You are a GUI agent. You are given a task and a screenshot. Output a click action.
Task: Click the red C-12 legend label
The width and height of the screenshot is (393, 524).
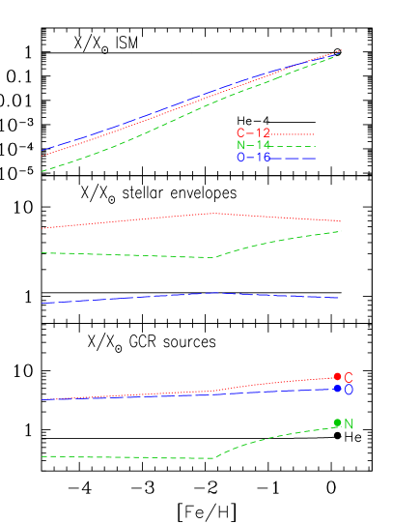[253, 133]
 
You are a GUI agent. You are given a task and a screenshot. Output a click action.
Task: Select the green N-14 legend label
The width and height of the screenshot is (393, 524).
[253, 145]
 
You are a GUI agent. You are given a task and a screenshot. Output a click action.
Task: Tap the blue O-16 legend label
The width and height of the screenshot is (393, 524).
[253, 158]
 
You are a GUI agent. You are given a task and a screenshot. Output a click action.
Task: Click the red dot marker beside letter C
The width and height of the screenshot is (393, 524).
[337, 377]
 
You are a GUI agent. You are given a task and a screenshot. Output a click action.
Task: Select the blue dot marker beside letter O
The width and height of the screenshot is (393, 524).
[337, 389]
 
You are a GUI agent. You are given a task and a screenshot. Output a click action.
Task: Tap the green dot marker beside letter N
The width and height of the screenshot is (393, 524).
[337, 422]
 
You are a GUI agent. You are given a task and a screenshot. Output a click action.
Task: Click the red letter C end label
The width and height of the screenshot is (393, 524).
[349, 378]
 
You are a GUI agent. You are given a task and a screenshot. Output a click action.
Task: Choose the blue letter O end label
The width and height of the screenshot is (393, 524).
[349, 391]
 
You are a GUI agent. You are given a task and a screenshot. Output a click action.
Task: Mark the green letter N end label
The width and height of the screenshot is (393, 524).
[349, 424]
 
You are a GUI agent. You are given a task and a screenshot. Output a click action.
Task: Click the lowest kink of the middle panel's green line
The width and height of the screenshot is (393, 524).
[214, 258]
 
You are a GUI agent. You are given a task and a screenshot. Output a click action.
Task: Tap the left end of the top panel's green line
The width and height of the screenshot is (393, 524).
[42, 171]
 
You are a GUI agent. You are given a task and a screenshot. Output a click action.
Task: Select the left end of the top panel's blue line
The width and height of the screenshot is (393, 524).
[42, 151]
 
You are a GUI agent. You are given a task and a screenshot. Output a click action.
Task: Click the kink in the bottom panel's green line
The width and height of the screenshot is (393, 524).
[214, 458]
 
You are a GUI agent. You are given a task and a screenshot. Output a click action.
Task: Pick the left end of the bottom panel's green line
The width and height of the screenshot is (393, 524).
[42, 456]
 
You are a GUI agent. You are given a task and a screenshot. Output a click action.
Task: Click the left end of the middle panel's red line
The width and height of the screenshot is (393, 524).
[42, 228]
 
